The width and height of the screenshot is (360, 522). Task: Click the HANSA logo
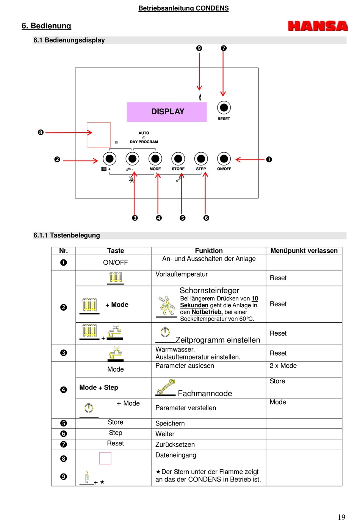tap(318, 26)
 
